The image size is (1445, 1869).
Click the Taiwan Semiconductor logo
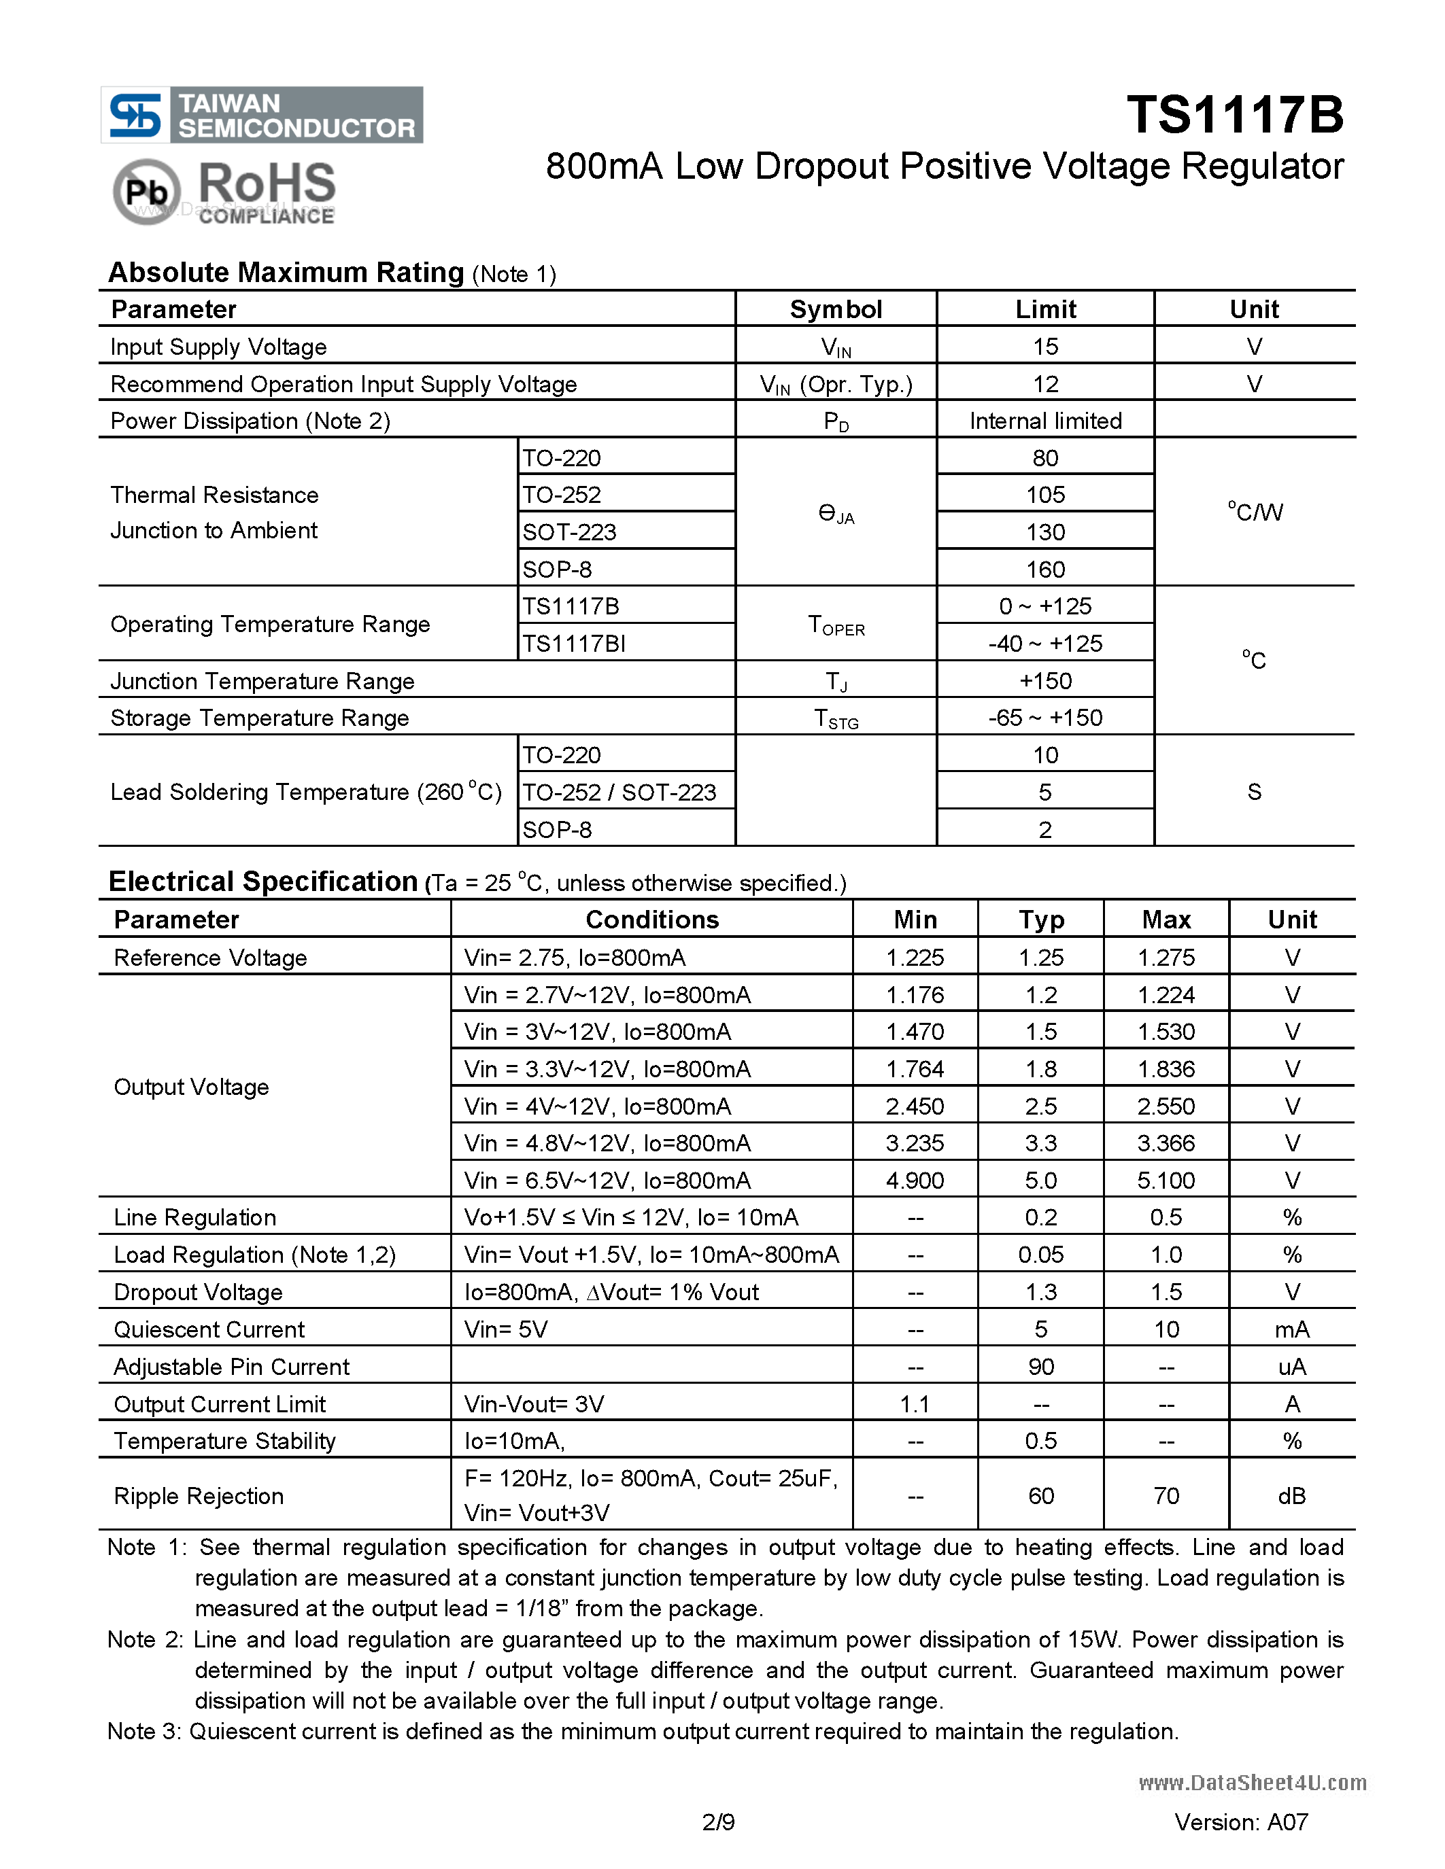click(x=261, y=115)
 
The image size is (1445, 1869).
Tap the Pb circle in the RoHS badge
click(x=146, y=192)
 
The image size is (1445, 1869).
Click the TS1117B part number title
click(x=1234, y=115)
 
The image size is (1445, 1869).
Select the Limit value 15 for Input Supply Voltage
click(x=1044, y=347)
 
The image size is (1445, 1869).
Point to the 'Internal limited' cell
click(x=1044, y=421)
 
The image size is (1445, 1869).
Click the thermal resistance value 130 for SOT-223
click(x=1044, y=532)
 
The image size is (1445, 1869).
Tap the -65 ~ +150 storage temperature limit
click(x=1044, y=718)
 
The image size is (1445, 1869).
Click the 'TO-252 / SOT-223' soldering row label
click(x=619, y=792)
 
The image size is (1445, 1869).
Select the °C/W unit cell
click(x=1254, y=512)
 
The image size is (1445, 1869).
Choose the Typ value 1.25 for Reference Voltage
click(x=1040, y=958)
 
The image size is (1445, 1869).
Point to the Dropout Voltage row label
click(x=198, y=1292)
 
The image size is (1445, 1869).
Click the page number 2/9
click(x=717, y=1823)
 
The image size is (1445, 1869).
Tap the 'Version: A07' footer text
click(x=1240, y=1823)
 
